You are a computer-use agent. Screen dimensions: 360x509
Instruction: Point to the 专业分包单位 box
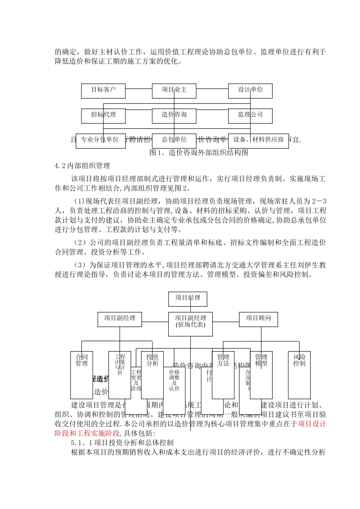(x=99, y=141)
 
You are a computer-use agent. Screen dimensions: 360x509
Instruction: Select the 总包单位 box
(x=174, y=141)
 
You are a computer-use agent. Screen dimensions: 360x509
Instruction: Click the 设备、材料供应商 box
(x=258, y=141)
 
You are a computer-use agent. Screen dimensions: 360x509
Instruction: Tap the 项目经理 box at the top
(x=188, y=299)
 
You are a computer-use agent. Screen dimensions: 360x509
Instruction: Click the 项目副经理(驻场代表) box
(x=190, y=324)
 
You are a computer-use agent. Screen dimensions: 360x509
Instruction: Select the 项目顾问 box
(x=258, y=319)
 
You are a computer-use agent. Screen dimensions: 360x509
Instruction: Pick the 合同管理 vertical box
(x=81, y=375)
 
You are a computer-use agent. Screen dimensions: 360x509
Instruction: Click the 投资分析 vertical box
(x=152, y=375)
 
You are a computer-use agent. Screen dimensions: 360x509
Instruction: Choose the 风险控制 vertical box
(x=299, y=375)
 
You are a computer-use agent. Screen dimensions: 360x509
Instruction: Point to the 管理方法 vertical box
(x=223, y=375)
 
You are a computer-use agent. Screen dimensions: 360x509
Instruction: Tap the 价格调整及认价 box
(x=174, y=390)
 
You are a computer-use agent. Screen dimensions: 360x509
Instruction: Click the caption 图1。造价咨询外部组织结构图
(x=199, y=153)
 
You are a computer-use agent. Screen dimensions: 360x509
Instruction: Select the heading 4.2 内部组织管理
(x=83, y=166)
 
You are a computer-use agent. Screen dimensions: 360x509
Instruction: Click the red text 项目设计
(x=311, y=424)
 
